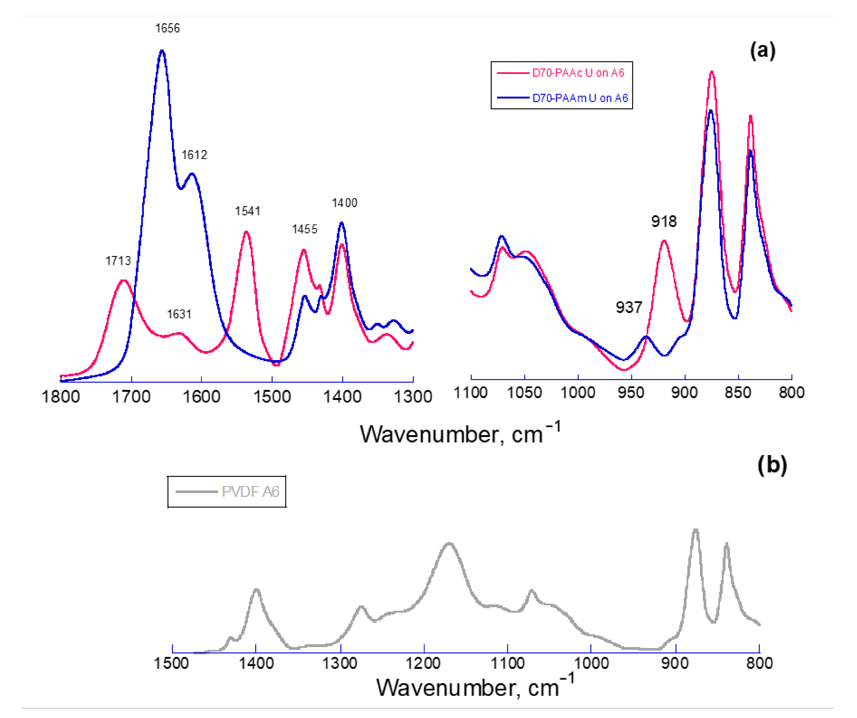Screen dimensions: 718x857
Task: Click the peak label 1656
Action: click(x=167, y=28)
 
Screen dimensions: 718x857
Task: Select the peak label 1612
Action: click(x=194, y=155)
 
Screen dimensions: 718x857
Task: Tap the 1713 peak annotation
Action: click(x=118, y=261)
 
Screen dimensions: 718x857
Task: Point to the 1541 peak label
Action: click(x=247, y=211)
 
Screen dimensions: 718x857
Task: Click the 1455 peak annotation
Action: click(x=304, y=229)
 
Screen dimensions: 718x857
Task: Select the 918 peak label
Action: click(x=664, y=222)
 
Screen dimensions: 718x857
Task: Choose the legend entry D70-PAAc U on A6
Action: click(x=578, y=73)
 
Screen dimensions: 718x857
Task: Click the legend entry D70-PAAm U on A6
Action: click(x=579, y=98)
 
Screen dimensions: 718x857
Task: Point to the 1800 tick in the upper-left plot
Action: click(x=61, y=397)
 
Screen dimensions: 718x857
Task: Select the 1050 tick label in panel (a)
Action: click(x=524, y=393)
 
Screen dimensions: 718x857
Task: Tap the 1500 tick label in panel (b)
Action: click(x=171, y=663)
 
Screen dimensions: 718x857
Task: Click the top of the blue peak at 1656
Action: click(x=162, y=51)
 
